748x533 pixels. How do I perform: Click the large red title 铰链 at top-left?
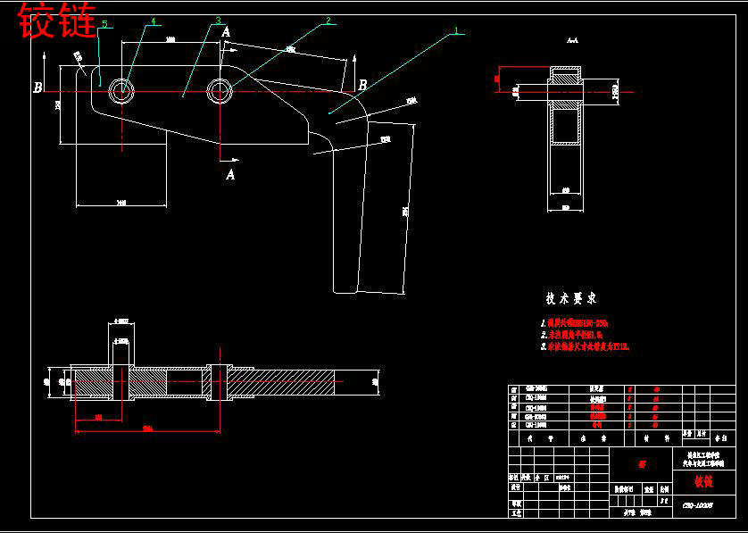click(x=57, y=21)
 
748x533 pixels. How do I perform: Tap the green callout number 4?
click(x=153, y=21)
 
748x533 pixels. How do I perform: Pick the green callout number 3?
click(x=217, y=21)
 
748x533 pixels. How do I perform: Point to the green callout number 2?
click(x=328, y=20)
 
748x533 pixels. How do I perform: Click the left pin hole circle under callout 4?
click(x=122, y=90)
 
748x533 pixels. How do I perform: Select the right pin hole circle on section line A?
click(x=219, y=89)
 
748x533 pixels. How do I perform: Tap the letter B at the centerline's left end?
click(x=37, y=87)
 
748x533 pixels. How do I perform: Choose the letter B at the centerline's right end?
click(x=362, y=86)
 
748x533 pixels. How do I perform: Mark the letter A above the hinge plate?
click(x=227, y=32)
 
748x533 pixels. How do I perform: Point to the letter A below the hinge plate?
click(x=230, y=174)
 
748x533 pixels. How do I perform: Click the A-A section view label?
click(x=572, y=41)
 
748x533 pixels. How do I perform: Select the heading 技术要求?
click(x=571, y=298)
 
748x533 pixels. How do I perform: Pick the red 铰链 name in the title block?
click(x=703, y=481)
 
